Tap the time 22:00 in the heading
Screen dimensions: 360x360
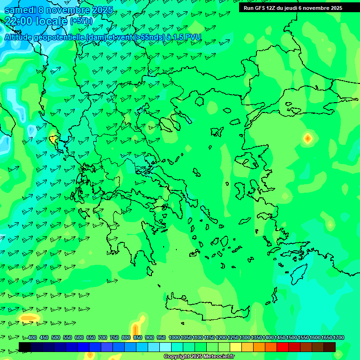[19, 21]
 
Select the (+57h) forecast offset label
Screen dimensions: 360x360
[81, 21]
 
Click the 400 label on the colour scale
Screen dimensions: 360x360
[32, 338]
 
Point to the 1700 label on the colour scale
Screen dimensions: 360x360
[338, 338]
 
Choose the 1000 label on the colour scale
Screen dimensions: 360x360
[174, 338]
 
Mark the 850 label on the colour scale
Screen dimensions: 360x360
[138, 338]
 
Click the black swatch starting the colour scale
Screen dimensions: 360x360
[25, 347]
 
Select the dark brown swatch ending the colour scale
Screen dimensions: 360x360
[330, 347]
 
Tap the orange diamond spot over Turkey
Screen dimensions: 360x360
[307, 138]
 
